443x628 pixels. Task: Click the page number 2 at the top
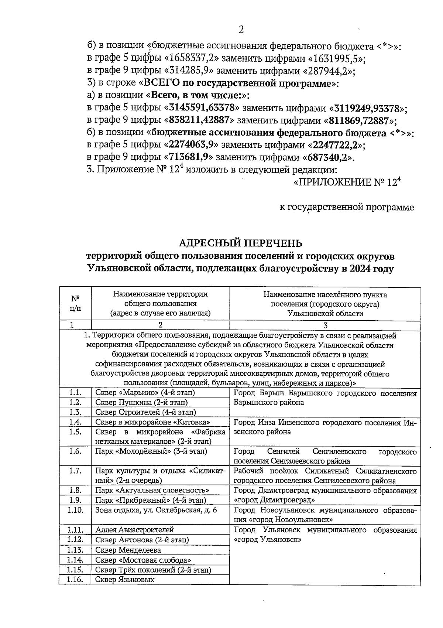[x=241, y=29]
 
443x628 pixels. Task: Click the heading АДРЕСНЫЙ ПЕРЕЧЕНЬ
[x=240, y=243]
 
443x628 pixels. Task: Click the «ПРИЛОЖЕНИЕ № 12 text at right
[x=347, y=182]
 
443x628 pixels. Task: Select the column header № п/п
[x=75, y=303]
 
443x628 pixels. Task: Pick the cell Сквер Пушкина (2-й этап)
[x=141, y=402]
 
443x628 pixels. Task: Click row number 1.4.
[x=75, y=422]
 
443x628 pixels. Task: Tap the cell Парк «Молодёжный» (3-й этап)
[x=151, y=451]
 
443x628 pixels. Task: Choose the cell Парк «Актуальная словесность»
[x=152, y=490]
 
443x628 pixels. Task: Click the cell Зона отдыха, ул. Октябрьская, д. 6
[x=156, y=510]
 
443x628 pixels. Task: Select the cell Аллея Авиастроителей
[x=134, y=530]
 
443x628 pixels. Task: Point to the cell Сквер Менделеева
[x=128, y=550]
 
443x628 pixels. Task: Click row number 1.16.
[x=75, y=579]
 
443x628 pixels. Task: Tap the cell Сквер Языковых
[x=124, y=579]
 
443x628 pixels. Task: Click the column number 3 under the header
[x=325, y=325]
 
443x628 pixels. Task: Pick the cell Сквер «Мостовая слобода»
[x=143, y=560]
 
